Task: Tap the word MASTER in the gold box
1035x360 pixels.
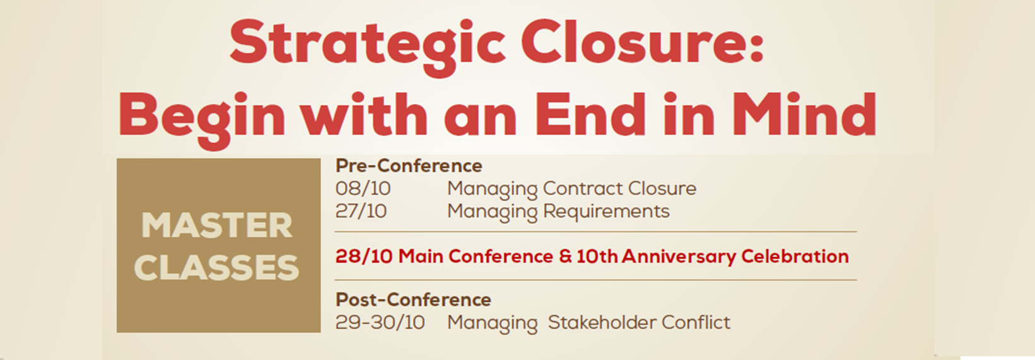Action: point(217,226)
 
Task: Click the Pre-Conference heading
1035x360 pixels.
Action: point(409,165)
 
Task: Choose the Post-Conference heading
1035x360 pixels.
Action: point(414,299)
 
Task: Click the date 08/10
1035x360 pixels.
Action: point(363,188)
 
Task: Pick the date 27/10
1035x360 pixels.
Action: point(361,211)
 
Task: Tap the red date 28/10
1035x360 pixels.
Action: point(364,256)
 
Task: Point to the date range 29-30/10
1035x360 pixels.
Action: point(380,322)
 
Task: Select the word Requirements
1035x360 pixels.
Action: point(607,212)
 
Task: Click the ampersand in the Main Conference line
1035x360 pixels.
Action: point(565,257)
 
